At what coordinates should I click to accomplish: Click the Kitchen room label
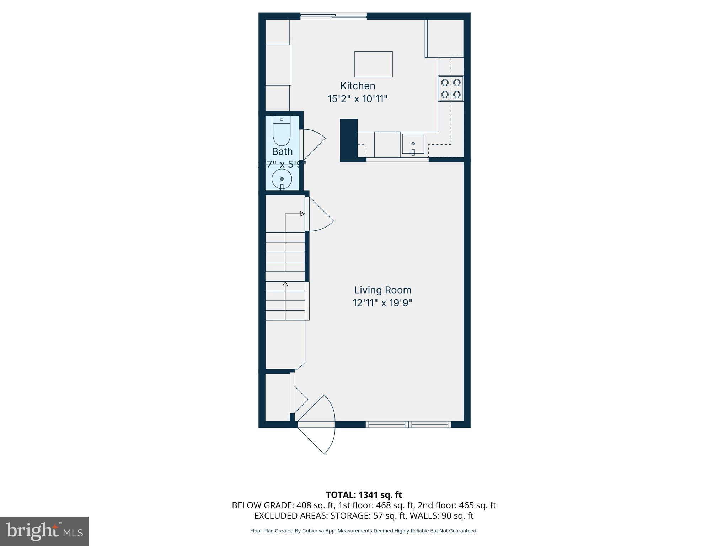[358, 86]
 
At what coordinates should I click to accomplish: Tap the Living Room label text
[382, 290]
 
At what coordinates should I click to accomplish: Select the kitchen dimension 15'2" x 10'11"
[358, 99]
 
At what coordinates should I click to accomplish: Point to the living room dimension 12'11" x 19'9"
[382, 303]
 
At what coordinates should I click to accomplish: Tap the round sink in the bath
[282, 179]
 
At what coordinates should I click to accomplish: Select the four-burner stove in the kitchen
[451, 89]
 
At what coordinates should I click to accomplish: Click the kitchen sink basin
[413, 144]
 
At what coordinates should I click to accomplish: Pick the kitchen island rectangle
[373, 64]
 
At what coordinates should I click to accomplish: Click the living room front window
[408, 424]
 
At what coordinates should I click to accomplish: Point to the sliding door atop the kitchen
[333, 16]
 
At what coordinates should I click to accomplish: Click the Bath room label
[282, 151]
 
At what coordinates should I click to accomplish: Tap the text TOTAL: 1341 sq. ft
[364, 494]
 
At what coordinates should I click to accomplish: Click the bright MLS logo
[44, 531]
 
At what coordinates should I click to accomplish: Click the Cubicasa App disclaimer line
[364, 531]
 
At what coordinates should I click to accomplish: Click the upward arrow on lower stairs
[285, 284]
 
